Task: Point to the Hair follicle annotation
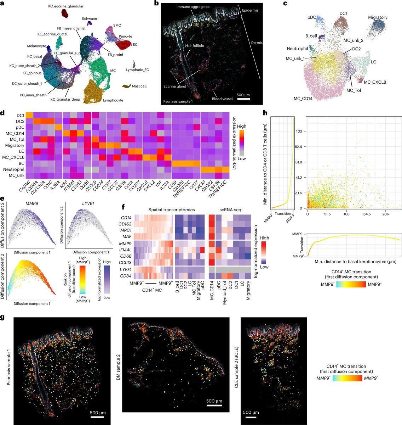[x=195, y=46]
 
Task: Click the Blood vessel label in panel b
[x=222, y=99]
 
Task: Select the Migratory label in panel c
[x=378, y=17]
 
